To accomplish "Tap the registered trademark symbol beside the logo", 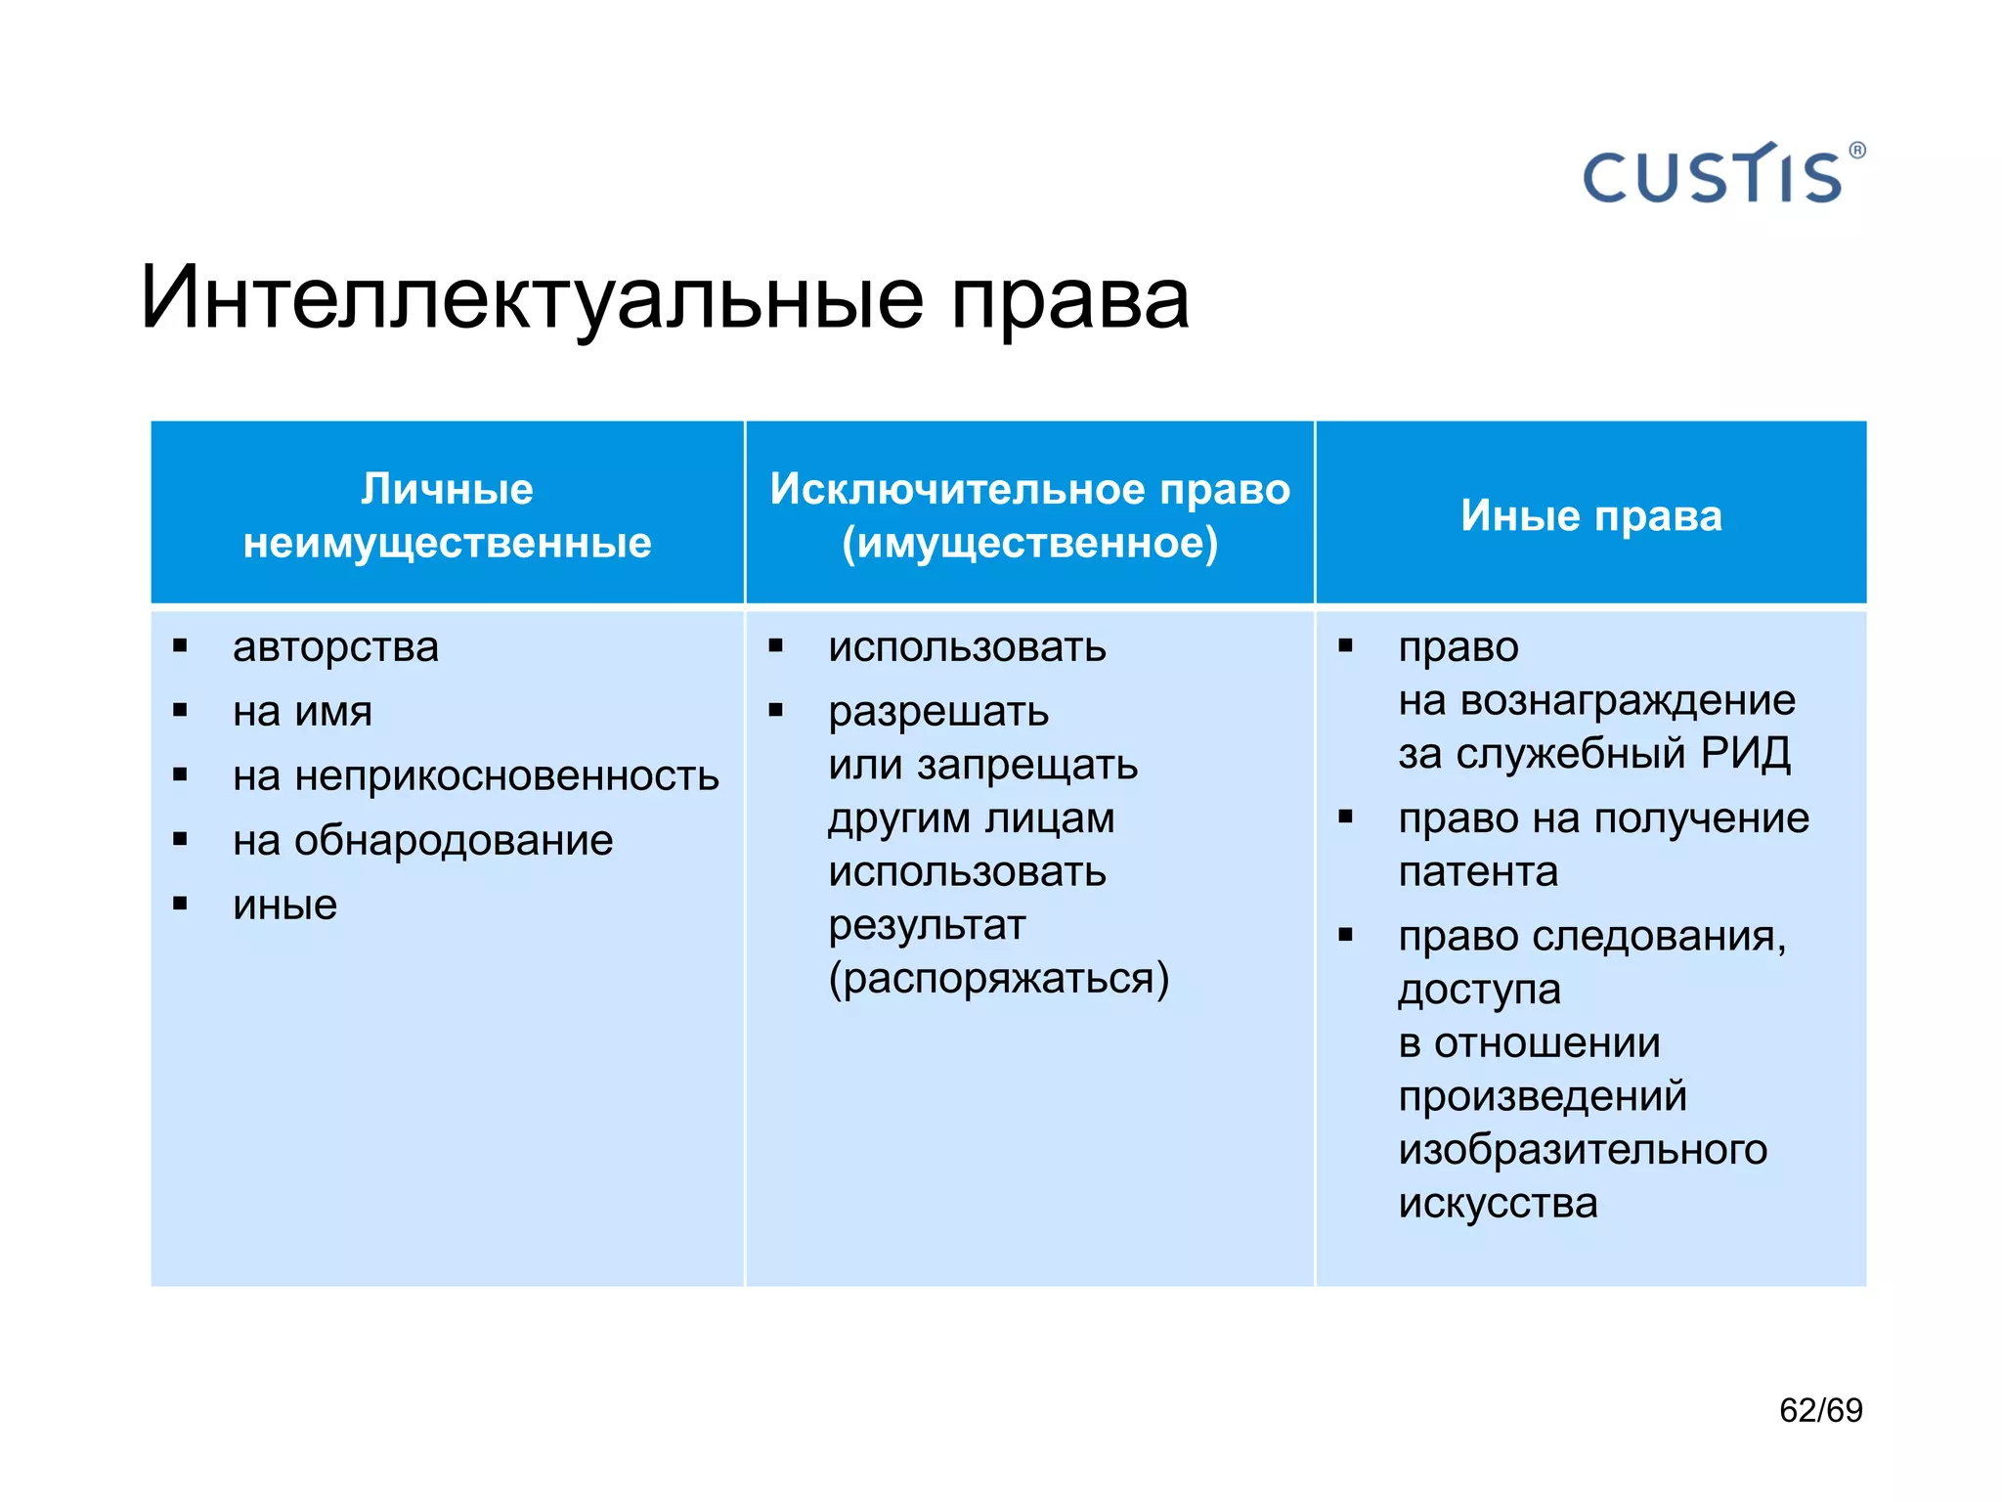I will (1857, 151).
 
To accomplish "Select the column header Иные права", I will (1590, 515).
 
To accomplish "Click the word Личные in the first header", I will (447, 488).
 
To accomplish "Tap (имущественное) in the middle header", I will (1029, 543).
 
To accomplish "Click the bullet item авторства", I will (335, 647).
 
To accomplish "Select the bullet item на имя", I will (302, 712).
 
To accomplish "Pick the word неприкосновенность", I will (506, 776).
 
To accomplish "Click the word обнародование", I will (453, 841).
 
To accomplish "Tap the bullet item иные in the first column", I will (284, 906).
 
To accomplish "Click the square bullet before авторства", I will (180, 645).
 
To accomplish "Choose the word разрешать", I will (937, 712).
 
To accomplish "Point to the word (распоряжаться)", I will (998, 979).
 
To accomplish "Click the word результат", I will (927, 925).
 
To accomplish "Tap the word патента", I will (1477, 871).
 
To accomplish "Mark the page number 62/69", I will (1820, 1410).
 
